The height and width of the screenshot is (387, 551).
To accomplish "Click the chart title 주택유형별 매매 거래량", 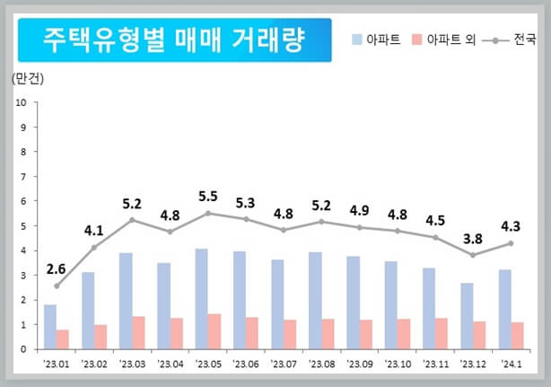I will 174,40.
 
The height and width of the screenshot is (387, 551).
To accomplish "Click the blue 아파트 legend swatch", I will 356,40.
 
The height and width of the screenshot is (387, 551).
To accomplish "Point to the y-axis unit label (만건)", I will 28,78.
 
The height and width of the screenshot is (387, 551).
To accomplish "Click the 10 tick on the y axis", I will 21,102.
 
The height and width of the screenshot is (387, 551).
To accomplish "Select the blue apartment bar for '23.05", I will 202,299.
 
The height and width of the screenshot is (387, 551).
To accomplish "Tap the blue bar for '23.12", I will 467,316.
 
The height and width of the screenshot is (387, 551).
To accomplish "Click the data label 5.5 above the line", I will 208,196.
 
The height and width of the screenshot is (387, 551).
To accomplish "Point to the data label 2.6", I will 56,268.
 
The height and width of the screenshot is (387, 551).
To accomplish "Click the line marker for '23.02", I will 94,248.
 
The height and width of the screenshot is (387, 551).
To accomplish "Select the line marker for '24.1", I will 512,243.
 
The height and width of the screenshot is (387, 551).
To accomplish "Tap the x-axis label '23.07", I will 284,364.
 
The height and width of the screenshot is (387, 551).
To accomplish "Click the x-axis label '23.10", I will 398,364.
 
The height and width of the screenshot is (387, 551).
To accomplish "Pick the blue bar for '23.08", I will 315,301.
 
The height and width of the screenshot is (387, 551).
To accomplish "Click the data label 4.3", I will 512,225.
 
